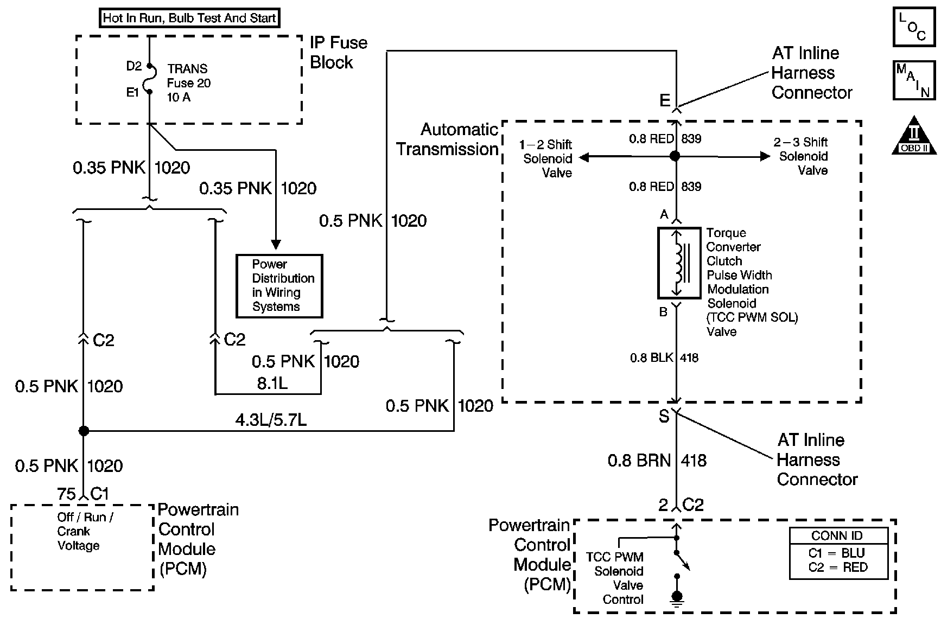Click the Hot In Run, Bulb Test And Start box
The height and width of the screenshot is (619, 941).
click(190, 18)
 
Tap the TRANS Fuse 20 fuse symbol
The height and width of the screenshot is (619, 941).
click(149, 79)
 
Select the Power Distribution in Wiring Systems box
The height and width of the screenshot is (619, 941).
click(279, 286)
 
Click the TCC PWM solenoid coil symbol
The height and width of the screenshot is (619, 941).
click(678, 263)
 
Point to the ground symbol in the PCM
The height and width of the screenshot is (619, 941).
click(677, 597)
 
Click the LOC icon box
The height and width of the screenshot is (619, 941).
click(914, 27)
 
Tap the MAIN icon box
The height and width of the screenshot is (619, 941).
click(914, 80)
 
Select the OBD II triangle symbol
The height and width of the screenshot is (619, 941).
click(914, 135)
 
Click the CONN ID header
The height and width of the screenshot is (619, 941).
click(837, 536)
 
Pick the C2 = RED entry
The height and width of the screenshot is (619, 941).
click(838, 567)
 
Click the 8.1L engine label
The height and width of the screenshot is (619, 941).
click(272, 384)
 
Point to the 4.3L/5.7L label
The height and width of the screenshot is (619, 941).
click(271, 419)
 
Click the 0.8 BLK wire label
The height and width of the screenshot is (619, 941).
click(651, 358)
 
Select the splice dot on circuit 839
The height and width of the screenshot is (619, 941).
click(675, 156)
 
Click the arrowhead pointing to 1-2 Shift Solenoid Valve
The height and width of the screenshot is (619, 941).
click(584, 157)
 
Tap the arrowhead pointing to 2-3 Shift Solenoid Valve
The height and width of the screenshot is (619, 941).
click(765, 156)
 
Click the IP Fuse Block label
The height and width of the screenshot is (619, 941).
click(338, 53)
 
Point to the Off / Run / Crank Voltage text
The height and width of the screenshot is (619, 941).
click(85, 532)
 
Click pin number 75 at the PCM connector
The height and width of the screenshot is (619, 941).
click(66, 494)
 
